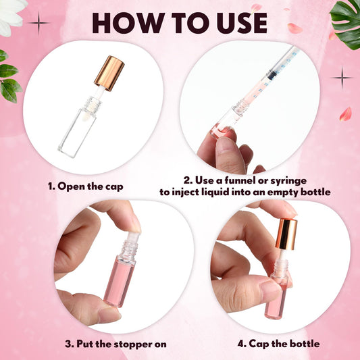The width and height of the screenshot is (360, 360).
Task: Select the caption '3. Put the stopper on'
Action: [x=115, y=344]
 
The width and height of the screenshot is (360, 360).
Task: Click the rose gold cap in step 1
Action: [x=108, y=74]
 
